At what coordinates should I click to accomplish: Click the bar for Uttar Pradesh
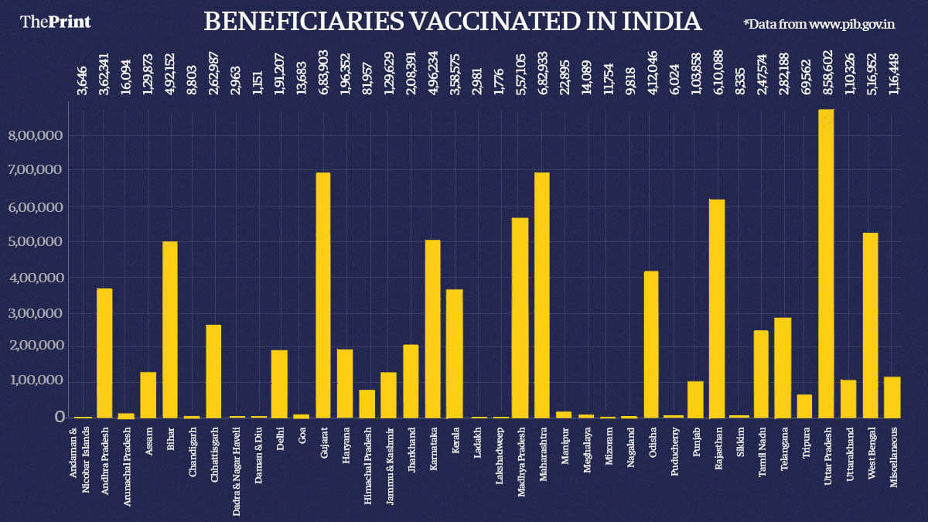click(x=826, y=263)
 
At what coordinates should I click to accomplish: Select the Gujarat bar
click(x=323, y=295)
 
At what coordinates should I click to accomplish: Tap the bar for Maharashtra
click(x=542, y=295)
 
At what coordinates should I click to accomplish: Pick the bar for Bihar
click(x=169, y=329)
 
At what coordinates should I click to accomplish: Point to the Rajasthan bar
click(x=718, y=309)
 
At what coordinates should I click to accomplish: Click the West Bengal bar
click(x=870, y=325)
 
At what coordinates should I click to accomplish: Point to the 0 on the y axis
click(x=59, y=417)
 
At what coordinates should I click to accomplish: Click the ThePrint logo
click(x=56, y=22)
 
